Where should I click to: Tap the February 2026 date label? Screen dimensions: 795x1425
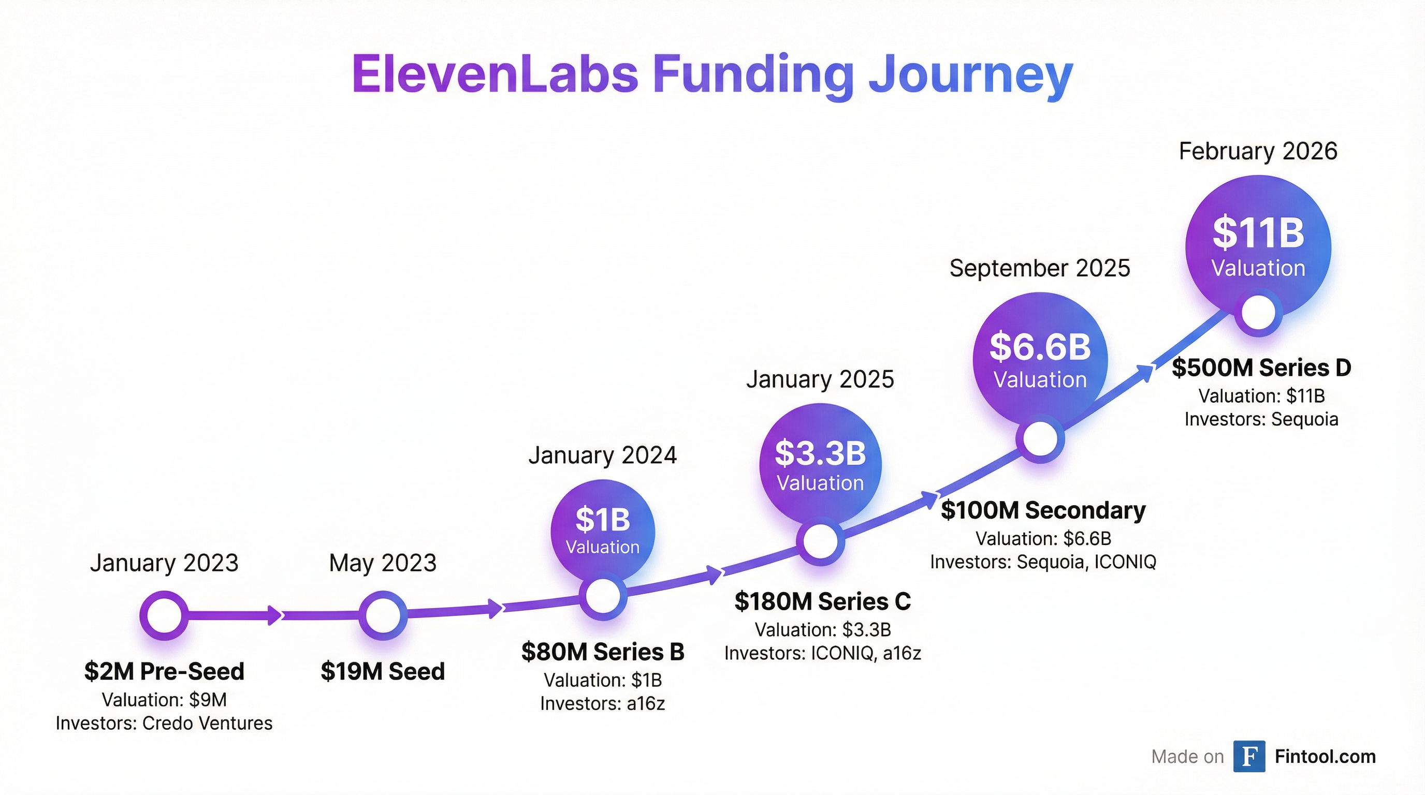click(x=1258, y=152)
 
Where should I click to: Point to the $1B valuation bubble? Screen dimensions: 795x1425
click(x=602, y=528)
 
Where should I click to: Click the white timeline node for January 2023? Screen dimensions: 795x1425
click(x=164, y=615)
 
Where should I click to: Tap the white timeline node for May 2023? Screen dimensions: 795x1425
click(x=383, y=615)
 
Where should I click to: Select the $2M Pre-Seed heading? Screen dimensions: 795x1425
click(x=164, y=672)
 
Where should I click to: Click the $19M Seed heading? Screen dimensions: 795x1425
click(x=383, y=672)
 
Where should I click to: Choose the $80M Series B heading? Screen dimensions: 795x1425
click(x=602, y=652)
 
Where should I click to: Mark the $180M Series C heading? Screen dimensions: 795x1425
click(x=823, y=601)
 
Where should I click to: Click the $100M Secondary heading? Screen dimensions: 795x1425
click(x=1043, y=510)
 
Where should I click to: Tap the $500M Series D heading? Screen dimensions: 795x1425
click(x=1261, y=368)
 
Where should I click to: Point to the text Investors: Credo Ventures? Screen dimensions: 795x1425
click(x=164, y=724)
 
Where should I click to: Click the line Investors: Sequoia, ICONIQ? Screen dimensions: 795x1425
click(x=1043, y=562)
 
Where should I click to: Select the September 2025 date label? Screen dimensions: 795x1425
click(x=1039, y=269)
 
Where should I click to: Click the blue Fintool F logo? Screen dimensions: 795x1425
click(x=1249, y=756)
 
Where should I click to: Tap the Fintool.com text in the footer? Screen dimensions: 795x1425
click(x=1325, y=756)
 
